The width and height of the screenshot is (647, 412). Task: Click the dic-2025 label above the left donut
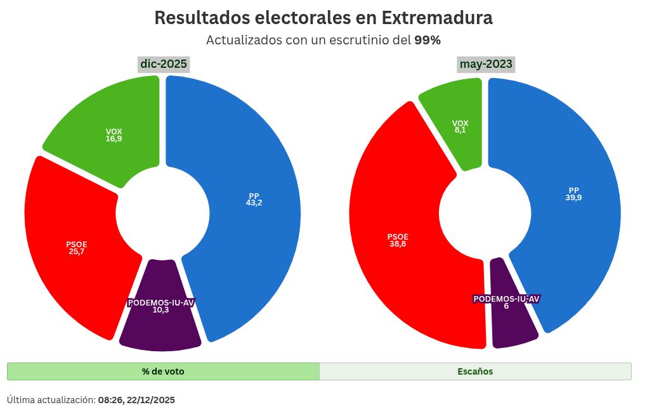coord(164,64)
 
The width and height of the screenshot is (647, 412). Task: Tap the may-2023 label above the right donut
coord(487,64)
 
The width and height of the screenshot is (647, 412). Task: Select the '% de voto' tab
coord(163,371)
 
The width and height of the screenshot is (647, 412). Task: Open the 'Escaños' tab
coord(475,371)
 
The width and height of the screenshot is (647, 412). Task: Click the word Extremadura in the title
coord(437,18)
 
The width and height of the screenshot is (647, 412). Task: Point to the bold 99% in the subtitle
coord(428,40)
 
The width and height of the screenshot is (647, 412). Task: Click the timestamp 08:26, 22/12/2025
coord(136,400)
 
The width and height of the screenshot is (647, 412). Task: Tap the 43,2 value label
coord(254,203)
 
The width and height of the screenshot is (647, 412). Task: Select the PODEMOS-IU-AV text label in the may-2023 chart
coord(506,299)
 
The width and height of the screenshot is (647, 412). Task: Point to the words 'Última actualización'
coord(51,400)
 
